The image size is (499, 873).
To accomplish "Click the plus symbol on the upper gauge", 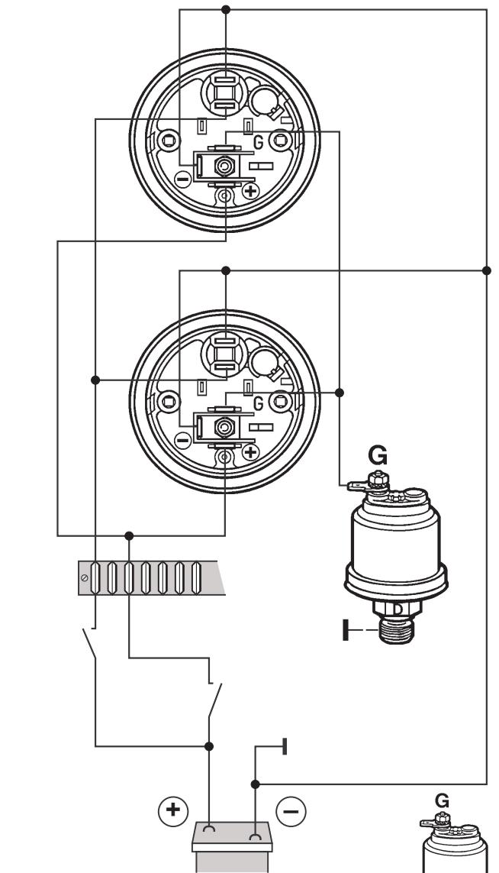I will pos(250,191).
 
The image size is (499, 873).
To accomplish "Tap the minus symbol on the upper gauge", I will pos(183,179).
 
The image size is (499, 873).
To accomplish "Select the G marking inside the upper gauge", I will pos(259,142).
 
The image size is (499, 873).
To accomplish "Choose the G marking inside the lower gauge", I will pos(259,403).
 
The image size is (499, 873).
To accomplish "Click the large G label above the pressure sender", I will pos(377,456).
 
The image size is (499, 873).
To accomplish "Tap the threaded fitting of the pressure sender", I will pos(396,629).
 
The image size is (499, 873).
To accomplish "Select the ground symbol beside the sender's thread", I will pos(348,631).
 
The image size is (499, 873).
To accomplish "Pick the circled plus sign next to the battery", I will pos(173,810).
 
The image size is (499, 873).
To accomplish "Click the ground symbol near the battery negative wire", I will pos(284,746).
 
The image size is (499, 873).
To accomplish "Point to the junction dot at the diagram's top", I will pos(225,10).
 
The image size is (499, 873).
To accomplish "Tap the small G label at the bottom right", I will pos(442,800).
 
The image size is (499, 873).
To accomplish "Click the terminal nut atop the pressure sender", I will pos(375,479).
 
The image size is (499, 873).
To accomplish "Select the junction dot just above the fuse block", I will pos(129,535).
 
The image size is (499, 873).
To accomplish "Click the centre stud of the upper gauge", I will pos(225,166).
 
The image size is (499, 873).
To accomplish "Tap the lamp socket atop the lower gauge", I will pos(225,354).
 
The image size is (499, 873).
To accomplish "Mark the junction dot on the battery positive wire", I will pos(210,745).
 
